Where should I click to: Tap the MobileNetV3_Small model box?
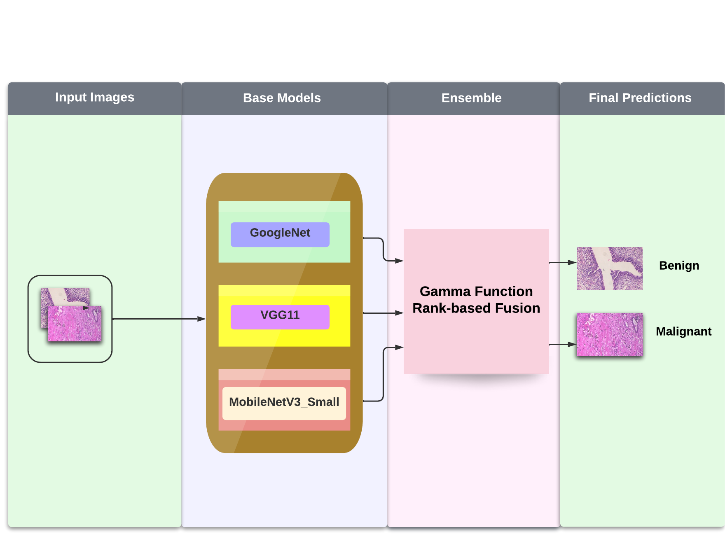coord(284,403)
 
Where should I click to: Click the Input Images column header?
coord(95,98)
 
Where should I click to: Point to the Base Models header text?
coord(282,98)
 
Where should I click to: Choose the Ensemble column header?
coord(471,98)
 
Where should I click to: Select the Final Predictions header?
coord(640,98)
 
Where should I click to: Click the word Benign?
coord(679,266)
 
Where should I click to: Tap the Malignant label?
coord(683,331)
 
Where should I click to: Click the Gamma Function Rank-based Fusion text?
coord(476,300)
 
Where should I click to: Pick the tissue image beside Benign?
coord(610,268)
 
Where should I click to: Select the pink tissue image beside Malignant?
coord(610,334)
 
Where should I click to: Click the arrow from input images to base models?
coord(159,319)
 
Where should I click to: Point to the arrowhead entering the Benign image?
coord(572,262)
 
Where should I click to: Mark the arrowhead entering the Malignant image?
coord(572,344)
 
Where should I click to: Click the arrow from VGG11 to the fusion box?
coord(383,313)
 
